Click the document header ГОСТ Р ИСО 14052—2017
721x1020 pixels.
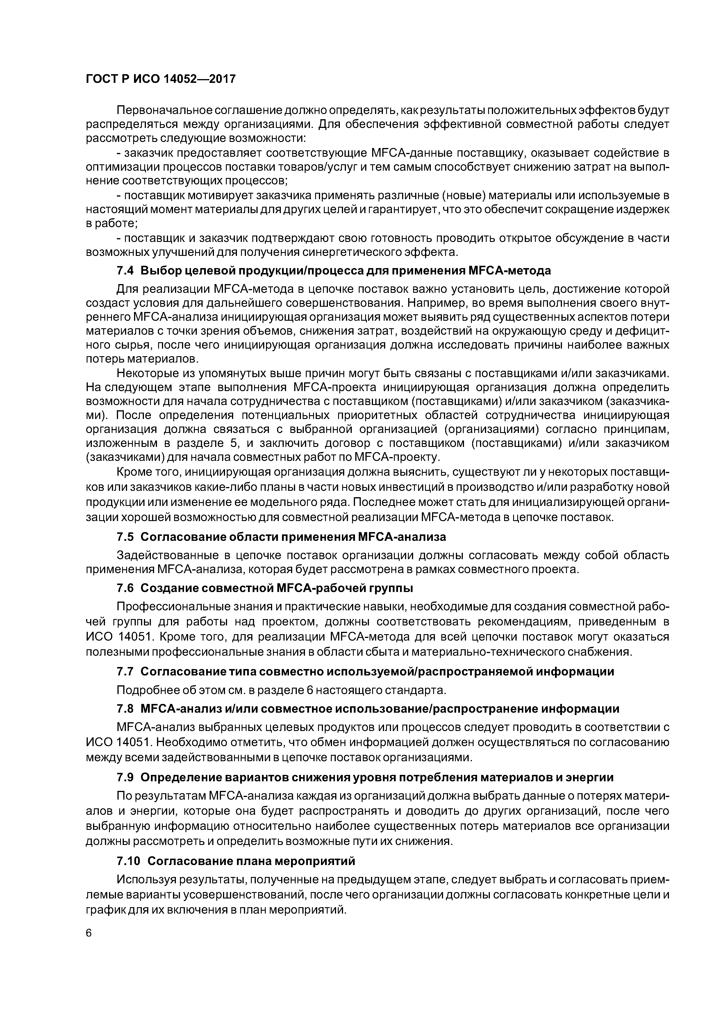pyautogui.click(x=160, y=79)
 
